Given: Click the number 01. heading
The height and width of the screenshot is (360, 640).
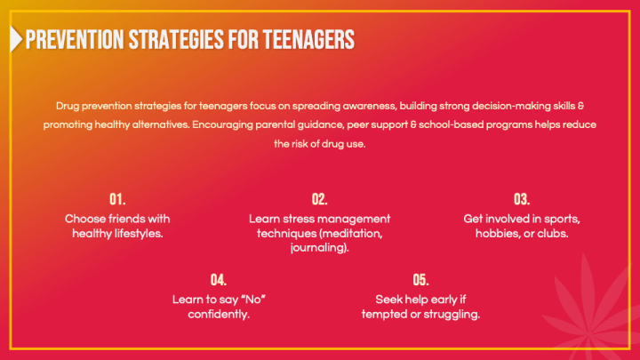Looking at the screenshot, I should [x=117, y=198].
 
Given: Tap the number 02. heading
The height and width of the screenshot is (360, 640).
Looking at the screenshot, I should [x=320, y=198].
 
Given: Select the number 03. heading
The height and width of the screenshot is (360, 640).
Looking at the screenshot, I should [x=522, y=198].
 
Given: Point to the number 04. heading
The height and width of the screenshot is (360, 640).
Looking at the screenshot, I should [x=219, y=279].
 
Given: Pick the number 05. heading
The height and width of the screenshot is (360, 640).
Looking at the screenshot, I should [x=420, y=279].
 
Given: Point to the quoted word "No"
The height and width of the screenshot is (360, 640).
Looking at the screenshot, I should [x=253, y=300].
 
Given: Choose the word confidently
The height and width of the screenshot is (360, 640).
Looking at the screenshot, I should [x=219, y=315].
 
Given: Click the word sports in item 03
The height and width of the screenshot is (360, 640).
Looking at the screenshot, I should [x=562, y=218].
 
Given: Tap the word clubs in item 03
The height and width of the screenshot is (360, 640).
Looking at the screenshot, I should [x=550, y=233].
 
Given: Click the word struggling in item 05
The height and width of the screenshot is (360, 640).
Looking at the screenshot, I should [x=452, y=315].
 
